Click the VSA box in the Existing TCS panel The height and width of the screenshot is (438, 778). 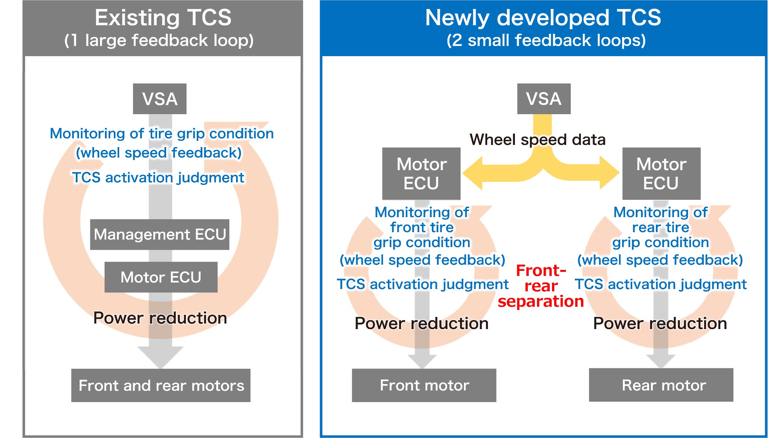point(160,99)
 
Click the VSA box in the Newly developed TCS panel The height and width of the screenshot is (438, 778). point(543,99)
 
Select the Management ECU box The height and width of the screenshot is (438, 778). point(160,234)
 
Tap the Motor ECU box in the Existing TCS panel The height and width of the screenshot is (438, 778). point(161,277)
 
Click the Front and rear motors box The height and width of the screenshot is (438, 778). point(161,385)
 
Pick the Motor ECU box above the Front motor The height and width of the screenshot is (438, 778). point(421,173)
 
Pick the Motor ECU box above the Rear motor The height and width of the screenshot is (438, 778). point(661,173)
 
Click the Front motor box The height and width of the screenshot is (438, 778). point(424,385)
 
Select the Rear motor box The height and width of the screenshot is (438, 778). point(661,385)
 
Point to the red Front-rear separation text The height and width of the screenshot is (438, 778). point(541,286)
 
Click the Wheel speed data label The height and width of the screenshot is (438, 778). point(537,140)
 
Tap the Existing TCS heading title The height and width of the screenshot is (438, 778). point(163,18)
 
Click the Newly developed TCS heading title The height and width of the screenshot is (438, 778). point(543,18)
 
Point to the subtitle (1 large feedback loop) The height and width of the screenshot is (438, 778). point(159,40)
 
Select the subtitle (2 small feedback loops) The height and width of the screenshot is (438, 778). point(546,40)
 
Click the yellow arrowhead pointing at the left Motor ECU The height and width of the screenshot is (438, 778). point(473,173)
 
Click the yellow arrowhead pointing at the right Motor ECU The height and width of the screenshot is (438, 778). point(609,173)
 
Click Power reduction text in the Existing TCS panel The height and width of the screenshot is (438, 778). point(160,318)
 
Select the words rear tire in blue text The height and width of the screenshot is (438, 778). point(660,227)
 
